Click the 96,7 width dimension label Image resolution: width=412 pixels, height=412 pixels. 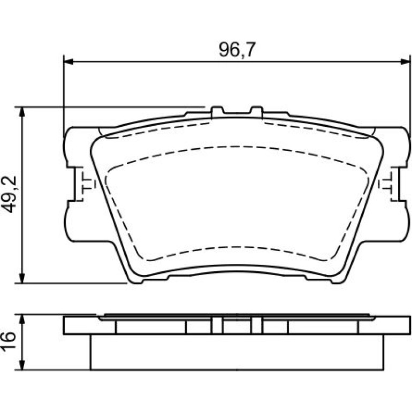[x=237, y=49]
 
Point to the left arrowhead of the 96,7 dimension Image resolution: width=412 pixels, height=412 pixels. [x=68, y=62]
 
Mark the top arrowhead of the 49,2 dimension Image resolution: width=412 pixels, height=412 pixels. [x=23, y=112]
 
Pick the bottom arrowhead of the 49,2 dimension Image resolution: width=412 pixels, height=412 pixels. [x=23, y=279]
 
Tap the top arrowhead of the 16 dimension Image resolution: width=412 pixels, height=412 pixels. [x=23, y=319]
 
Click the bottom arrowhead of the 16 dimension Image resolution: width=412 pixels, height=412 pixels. [x=23, y=365]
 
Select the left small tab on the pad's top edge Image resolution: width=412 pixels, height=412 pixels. [x=217, y=111]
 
